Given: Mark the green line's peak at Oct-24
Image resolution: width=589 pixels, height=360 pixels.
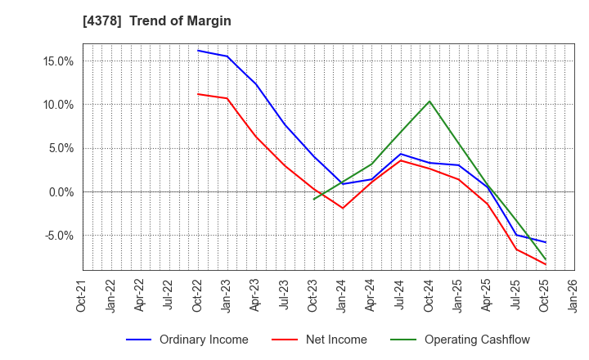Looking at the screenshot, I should [429, 101].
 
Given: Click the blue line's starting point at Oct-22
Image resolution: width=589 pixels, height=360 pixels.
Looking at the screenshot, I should [198, 51].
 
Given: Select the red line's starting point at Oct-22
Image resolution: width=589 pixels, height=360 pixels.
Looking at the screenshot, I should [198, 94].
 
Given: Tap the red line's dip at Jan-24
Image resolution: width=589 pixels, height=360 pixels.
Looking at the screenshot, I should [343, 208].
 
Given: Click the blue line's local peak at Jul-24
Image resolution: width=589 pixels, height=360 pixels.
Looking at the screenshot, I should [400, 154].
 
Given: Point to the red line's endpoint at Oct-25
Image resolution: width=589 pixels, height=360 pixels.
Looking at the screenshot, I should [545, 264].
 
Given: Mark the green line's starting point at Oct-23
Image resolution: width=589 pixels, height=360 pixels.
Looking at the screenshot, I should [313, 199].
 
